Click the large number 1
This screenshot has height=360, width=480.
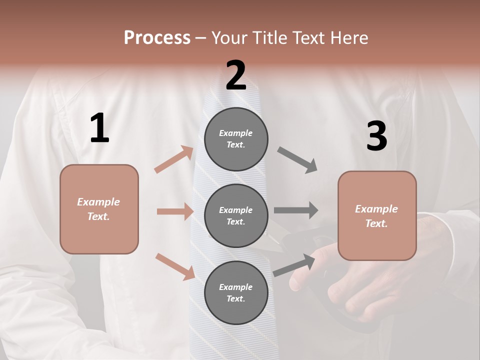point(99,128)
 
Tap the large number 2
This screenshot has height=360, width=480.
point(235,75)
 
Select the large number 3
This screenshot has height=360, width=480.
point(376,136)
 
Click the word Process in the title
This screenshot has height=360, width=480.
point(157,37)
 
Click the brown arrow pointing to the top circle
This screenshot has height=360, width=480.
point(174,159)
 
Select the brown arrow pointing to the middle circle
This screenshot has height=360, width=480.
point(175,211)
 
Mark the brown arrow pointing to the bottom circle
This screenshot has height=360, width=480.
point(175,266)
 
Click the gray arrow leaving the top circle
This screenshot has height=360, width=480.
point(297,160)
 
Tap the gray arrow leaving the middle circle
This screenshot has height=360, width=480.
point(296,210)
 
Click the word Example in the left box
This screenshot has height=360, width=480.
point(98,202)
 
